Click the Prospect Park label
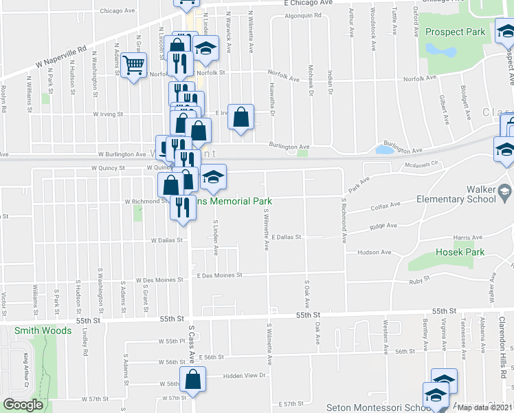click(x=456, y=32)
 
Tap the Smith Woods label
click(x=43, y=330)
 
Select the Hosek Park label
click(x=460, y=252)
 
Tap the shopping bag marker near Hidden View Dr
click(x=193, y=379)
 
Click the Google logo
click(x=23, y=405)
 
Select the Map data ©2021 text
click(x=484, y=407)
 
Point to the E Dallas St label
click(x=287, y=237)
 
